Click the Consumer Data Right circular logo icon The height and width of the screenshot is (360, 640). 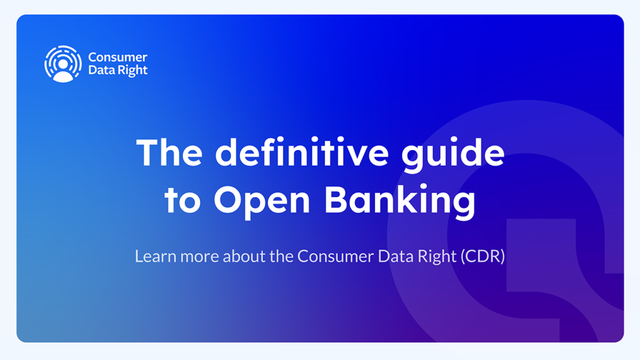63,64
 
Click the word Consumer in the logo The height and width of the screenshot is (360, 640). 117,57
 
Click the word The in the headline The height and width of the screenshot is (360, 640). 169,152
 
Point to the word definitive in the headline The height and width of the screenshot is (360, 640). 302,152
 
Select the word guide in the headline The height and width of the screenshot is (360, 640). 453,155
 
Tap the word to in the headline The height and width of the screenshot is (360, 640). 182,201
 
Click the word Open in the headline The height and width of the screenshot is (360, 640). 262,202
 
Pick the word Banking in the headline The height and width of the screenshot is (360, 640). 400,202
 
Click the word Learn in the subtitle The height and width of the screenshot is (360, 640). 156,256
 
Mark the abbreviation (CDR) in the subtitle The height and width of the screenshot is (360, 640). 483,257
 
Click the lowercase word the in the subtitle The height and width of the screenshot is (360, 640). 282,256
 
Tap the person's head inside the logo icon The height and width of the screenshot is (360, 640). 63,64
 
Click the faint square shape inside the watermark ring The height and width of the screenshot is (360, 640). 541,255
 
